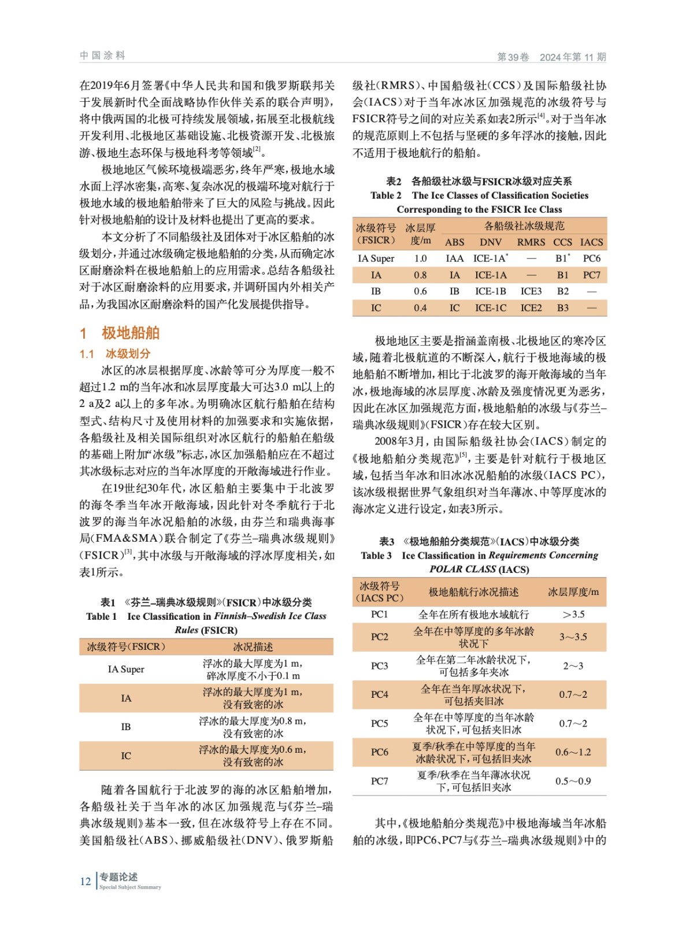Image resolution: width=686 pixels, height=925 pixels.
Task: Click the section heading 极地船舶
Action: (130, 333)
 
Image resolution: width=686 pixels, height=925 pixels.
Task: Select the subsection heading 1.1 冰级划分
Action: (115, 354)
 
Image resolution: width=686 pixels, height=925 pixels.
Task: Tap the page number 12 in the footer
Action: (86, 881)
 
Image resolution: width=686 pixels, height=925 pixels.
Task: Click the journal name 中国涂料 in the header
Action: (102, 55)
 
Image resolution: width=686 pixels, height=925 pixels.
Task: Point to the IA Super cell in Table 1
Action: (126, 669)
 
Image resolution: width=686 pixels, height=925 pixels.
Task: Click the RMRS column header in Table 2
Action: (531, 242)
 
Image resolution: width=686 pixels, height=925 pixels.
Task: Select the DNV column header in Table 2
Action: (491, 242)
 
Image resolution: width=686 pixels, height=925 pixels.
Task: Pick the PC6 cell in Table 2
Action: (591, 258)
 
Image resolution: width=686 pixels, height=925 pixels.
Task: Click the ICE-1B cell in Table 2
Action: (491, 291)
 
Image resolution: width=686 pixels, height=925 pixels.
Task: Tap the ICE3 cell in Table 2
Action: (531, 291)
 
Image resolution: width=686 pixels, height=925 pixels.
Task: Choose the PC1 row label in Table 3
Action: (379, 614)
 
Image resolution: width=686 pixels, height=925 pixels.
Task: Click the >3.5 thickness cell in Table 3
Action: (573, 614)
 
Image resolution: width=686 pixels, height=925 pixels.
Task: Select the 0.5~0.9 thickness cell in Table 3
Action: (573, 781)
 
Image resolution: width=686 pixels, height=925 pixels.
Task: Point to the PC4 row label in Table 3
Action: (379, 694)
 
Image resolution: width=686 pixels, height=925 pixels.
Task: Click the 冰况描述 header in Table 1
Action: (253, 647)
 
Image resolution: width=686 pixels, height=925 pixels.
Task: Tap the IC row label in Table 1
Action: (126, 756)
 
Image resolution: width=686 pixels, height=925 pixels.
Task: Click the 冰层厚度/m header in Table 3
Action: (573, 592)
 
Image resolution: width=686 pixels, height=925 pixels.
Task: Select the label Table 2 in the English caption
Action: (385, 195)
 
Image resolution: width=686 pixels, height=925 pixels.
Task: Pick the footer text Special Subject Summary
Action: (130, 887)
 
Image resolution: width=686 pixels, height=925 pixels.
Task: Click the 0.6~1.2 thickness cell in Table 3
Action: (573, 752)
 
